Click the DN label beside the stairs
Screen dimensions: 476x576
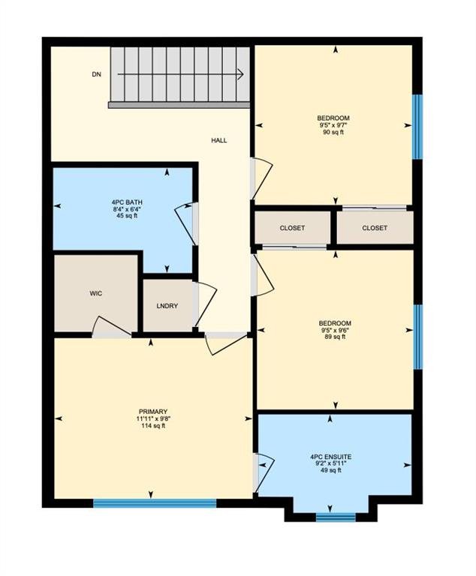(x=96, y=74)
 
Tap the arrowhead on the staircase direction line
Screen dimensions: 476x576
(x=240, y=74)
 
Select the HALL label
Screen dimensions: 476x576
(x=219, y=140)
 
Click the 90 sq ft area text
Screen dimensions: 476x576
(x=333, y=132)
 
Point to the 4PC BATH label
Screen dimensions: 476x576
(x=127, y=202)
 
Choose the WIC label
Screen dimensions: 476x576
(x=96, y=293)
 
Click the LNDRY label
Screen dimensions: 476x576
(x=167, y=306)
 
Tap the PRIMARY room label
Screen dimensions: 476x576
(x=153, y=412)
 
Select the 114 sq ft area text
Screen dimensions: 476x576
(x=153, y=426)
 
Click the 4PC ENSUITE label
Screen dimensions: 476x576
(x=330, y=457)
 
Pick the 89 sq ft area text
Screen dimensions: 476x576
(x=335, y=337)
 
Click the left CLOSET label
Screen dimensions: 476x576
(x=292, y=228)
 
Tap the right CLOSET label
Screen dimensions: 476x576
(x=375, y=228)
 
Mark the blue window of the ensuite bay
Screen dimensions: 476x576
(x=336, y=517)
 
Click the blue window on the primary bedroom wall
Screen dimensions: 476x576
(x=155, y=503)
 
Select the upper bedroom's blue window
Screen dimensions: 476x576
(x=417, y=127)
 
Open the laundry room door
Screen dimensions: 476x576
(x=206, y=304)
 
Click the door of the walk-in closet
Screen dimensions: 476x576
(x=111, y=328)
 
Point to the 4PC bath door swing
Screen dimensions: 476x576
(x=185, y=223)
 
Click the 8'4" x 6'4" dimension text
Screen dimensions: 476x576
(x=127, y=209)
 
